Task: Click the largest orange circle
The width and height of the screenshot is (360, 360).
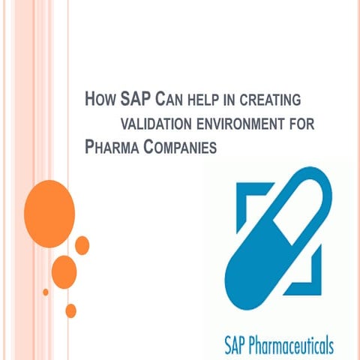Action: (49, 203)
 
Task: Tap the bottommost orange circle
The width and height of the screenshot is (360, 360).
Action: (70, 310)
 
